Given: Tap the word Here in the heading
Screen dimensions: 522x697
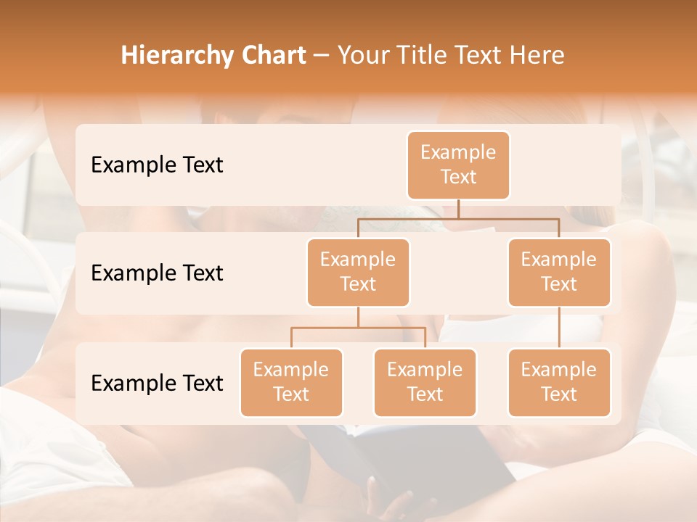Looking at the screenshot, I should tap(537, 56).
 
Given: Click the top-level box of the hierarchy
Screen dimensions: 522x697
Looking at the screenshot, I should tap(458, 165).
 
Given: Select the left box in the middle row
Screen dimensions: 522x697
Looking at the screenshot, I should tap(358, 272).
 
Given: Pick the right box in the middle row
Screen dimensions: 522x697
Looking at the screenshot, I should tap(559, 272).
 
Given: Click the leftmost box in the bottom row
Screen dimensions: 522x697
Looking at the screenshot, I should tap(291, 382).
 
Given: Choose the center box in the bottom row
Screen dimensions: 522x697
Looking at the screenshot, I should tap(425, 382).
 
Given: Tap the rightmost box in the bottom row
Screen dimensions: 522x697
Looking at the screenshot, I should tap(559, 382).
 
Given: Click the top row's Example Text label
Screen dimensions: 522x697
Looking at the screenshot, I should tap(157, 165).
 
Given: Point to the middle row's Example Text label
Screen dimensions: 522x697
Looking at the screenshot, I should tap(157, 273).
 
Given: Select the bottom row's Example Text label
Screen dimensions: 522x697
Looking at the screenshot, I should tap(157, 383).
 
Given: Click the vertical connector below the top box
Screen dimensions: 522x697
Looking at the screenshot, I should tap(458, 209).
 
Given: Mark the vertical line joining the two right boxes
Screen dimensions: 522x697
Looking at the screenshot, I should tap(559, 328).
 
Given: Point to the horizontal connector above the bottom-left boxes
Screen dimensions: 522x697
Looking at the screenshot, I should tap(358, 328).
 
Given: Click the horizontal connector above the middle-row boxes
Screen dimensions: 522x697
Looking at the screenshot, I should tap(458, 218).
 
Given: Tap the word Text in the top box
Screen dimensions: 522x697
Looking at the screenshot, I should tap(458, 177).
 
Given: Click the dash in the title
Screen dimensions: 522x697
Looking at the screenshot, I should tap(322, 56).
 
